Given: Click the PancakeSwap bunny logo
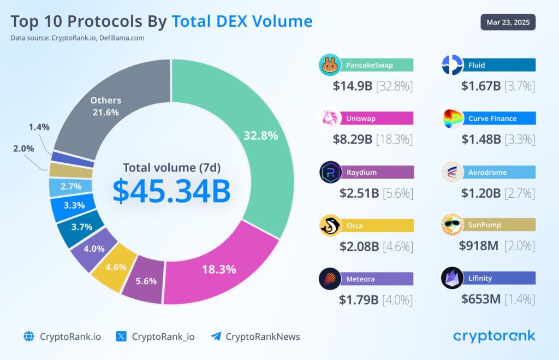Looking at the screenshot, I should (330, 66).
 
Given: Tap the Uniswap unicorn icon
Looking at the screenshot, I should (330, 119).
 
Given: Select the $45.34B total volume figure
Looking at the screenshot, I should (171, 190).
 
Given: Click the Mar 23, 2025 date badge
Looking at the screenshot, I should (508, 22).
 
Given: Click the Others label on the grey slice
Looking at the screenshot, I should (106, 101).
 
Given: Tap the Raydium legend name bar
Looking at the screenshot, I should (377, 173).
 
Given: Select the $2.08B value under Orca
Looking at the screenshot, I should (359, 246).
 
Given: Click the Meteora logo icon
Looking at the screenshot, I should (330, 279).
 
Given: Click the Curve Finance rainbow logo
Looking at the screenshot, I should (453, 119).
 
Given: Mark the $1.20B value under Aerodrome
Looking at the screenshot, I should (481, 193).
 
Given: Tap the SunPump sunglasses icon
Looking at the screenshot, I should (453, 225).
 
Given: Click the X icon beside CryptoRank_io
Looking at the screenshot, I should (122, 337).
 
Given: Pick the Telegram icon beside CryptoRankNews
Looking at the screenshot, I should (216, 337).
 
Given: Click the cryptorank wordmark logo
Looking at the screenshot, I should (494, 336).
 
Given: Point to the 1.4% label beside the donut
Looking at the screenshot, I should (39, 127).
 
